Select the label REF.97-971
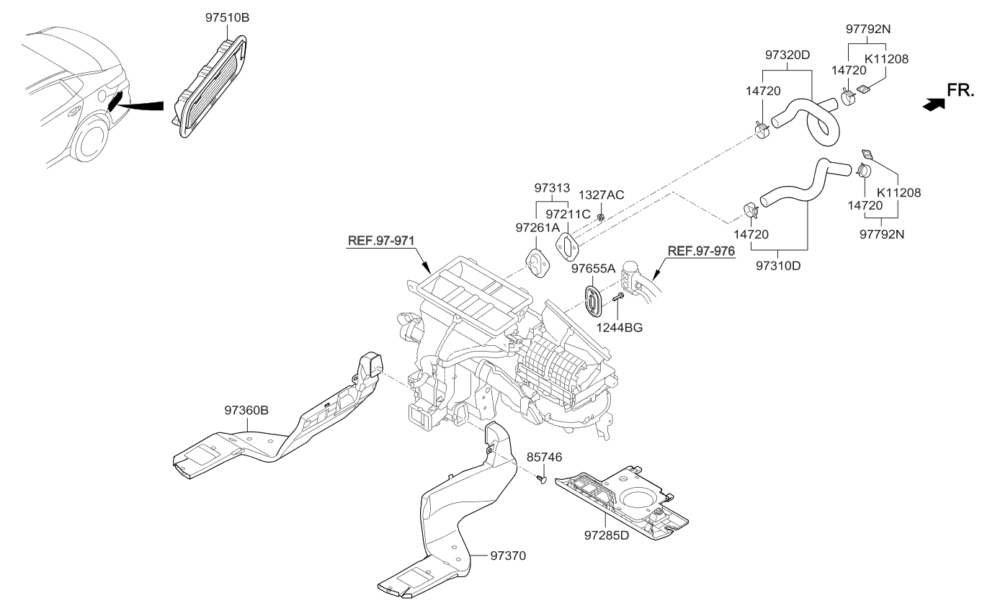click(381, 241)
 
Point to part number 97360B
click(246, 410)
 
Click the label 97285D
click(607, 535)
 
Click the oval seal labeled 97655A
click(594, 299)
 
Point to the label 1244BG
click(619, 327)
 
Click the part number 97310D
click(778, 265)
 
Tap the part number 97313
click(552, 188)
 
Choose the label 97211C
click(568, 214)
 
